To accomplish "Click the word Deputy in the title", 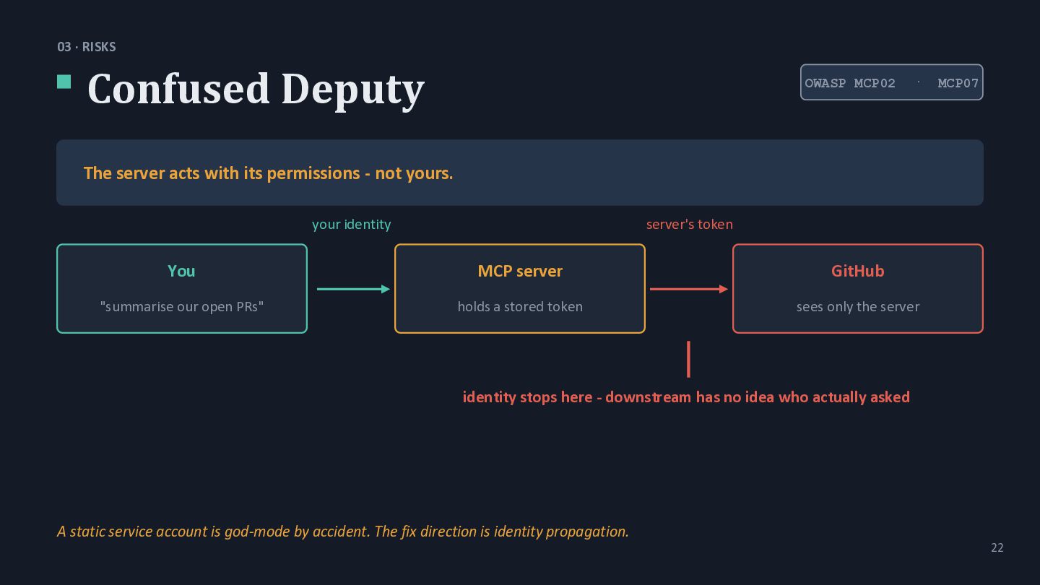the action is [x=353, y=91].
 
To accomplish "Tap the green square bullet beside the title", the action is [x=64, y=82].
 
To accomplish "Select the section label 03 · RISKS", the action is [x=87, y=47].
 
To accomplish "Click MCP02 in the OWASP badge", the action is [x=874, y=83].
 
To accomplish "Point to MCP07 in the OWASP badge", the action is [x=958, y=83].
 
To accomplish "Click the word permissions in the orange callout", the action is [x=313, y=173].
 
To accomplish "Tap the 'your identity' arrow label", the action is [x=352, y=225].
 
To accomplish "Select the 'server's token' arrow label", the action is [x=690, y=225].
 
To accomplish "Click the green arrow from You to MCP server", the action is [x=353, y=289].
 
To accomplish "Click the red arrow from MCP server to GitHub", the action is [x=689, y=289].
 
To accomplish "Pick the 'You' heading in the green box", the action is [x=181, y=271].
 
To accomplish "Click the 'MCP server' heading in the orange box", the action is [x=520, y=271].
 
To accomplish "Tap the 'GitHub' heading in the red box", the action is [x=857, y=271].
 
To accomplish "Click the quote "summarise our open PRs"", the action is [x=182, y=306].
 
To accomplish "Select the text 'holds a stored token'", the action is [x=520, y=306].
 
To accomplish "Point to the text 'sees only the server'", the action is [x=858, y=307].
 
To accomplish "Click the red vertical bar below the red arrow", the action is [x=688, y=360].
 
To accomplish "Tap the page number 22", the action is [x=997, y=548].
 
